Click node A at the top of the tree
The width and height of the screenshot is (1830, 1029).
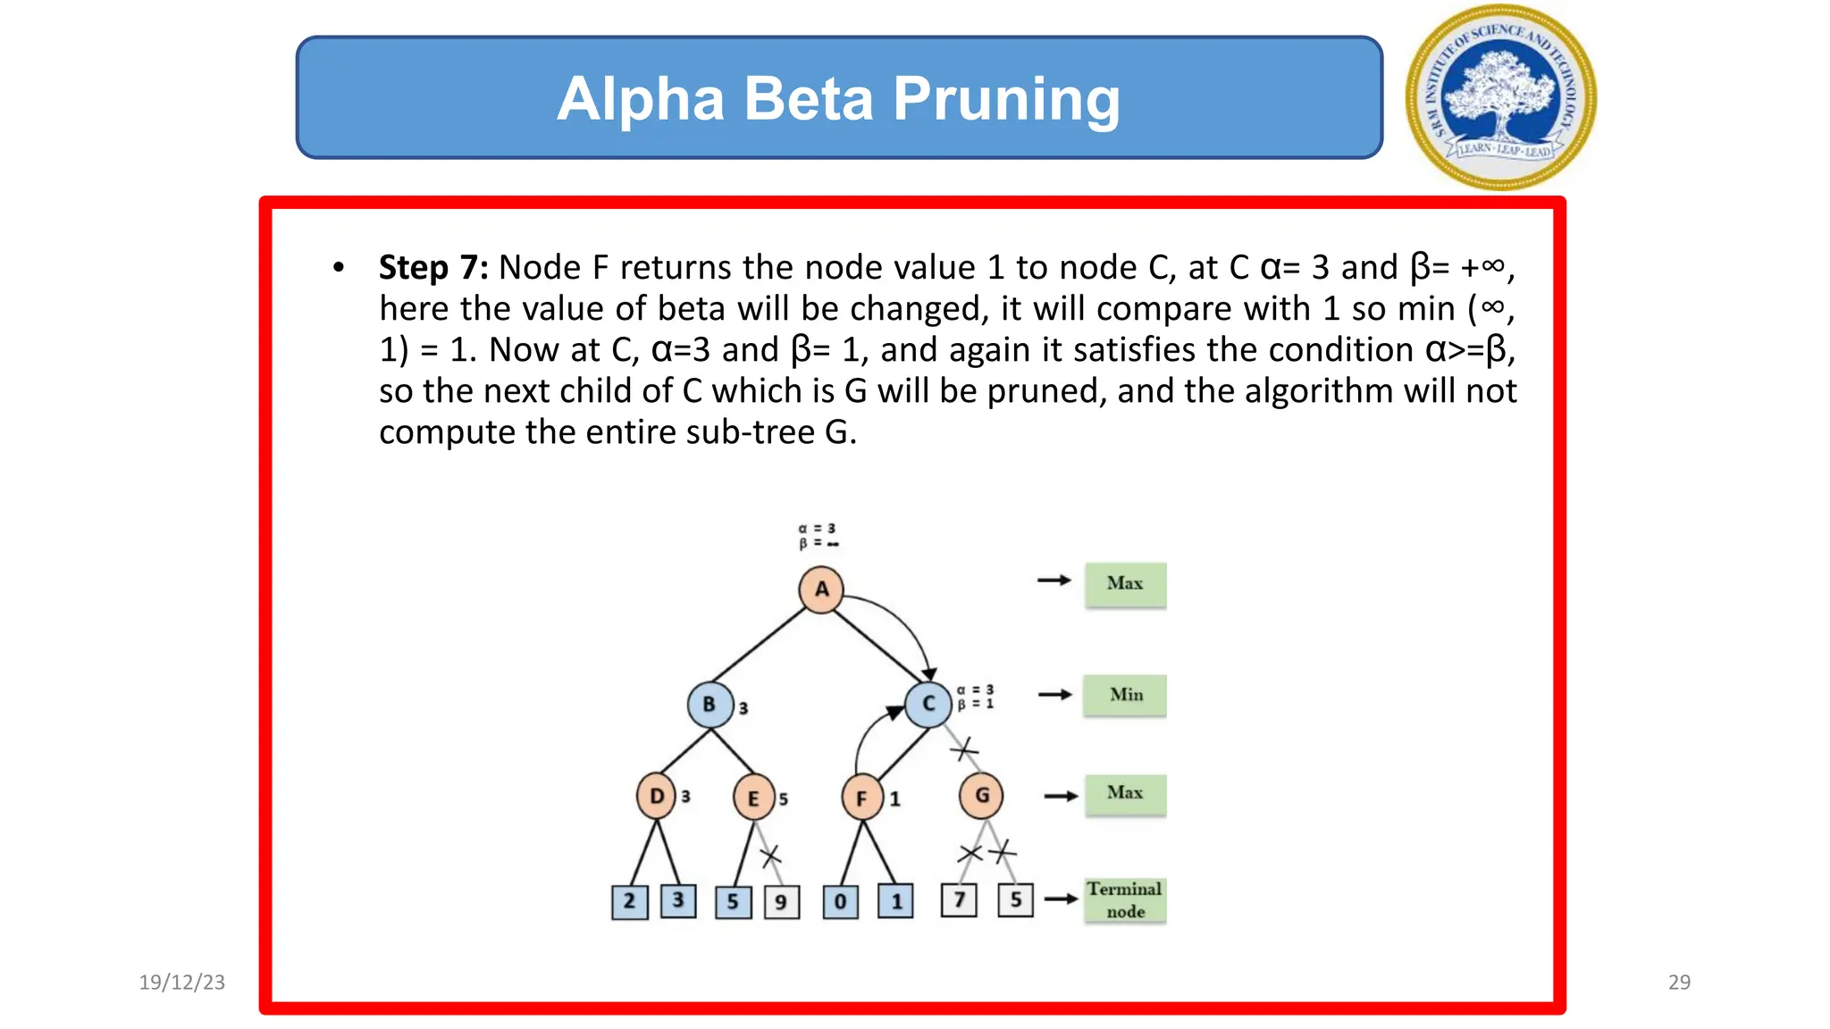click(821, 590)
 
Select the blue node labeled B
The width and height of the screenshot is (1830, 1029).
click(709, 704)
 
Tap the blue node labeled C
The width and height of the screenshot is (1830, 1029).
click(928, 704)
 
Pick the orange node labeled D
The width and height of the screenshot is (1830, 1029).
click(657, 796)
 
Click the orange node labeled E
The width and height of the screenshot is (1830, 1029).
click(753, 798)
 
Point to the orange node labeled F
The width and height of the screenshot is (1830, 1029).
click(862, 798)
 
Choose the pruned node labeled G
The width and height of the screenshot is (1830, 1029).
click(981, 795)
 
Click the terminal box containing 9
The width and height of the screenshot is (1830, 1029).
click(781, 902)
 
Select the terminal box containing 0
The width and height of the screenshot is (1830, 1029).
click(840, 902)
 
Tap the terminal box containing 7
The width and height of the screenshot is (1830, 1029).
click(959, 899)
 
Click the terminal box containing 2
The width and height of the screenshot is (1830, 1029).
click(629, 902)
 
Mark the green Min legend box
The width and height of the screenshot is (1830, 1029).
click(1125, 695)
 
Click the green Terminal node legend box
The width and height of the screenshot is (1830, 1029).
click(1125, 899)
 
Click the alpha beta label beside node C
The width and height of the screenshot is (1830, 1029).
click(976, 697)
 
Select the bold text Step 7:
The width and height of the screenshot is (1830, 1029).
click(433, 267)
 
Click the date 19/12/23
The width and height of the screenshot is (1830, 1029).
click(181, 982)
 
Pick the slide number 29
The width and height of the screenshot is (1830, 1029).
click(1679, 982)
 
